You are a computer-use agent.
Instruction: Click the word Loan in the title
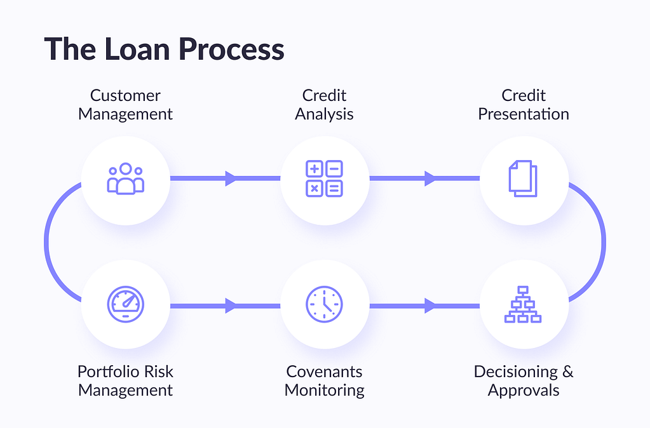pyautogui.click(x=137, y=49)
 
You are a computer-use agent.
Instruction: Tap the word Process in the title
pyautogui.click(x=231, y=49)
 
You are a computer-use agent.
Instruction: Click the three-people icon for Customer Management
pyautogui.click(x=126, y=178)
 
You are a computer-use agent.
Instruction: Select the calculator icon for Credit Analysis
pyautogui.click(x=324, y=178)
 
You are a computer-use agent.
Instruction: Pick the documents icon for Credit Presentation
pyautogui.click(x=523, y=178)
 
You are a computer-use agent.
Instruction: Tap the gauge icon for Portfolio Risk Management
pyautogui.click(x=126, y=304)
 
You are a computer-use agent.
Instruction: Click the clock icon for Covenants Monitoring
pyautogui.click(x=324, y=304)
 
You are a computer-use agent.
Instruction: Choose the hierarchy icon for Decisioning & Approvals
pyautogui.click(x=523, y=304)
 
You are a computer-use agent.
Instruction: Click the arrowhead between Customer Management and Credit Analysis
pyautogui.click(x=231, y=178)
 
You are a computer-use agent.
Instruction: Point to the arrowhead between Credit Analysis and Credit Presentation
pyautogui.click(x=430, y=178)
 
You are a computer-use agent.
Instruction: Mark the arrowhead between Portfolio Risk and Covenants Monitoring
pyautogui.click(x=231, y=306)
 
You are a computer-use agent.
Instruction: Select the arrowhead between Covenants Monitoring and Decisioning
pyautogui.click(x=430, y=306)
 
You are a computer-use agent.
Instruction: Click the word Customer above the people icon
pyautogui.click(x=125, y=95)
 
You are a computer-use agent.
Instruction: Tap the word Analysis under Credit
pyautogui.click(x=324, y=114)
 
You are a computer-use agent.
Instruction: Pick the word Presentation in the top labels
pyautogui.click(x=524, y=114)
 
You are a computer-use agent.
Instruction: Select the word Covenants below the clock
pyautogui.click(x=324, y=371)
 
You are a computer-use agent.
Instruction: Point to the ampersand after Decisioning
pyautogui.click(x=567, y=371)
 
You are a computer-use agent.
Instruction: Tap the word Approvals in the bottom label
pyautogui.click(x=524, y=391)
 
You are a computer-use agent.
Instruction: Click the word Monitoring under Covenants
pyautogui.click(x=324, y=391)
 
